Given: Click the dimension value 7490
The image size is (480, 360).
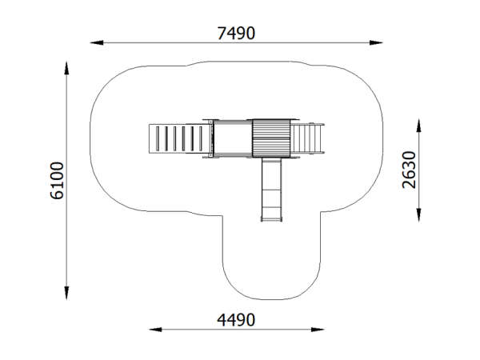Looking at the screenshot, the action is point(236,33).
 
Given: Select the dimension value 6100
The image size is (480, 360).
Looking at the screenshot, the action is point(57,181).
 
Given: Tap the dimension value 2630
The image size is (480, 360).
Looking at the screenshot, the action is point(409,170).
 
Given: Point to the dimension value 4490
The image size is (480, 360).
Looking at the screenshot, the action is point(236,320).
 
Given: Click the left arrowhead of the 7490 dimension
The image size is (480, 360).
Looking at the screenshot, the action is point(97,43).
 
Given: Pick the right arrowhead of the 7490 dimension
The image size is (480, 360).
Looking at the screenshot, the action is point(376,43).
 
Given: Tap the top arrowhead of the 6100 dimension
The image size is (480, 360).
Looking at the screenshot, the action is point(66,68).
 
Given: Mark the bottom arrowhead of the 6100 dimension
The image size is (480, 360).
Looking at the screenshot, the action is point(66,293).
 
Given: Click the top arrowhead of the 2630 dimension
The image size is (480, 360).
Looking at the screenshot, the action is point(418,126).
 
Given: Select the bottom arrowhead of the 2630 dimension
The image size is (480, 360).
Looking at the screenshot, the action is point(418,214).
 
